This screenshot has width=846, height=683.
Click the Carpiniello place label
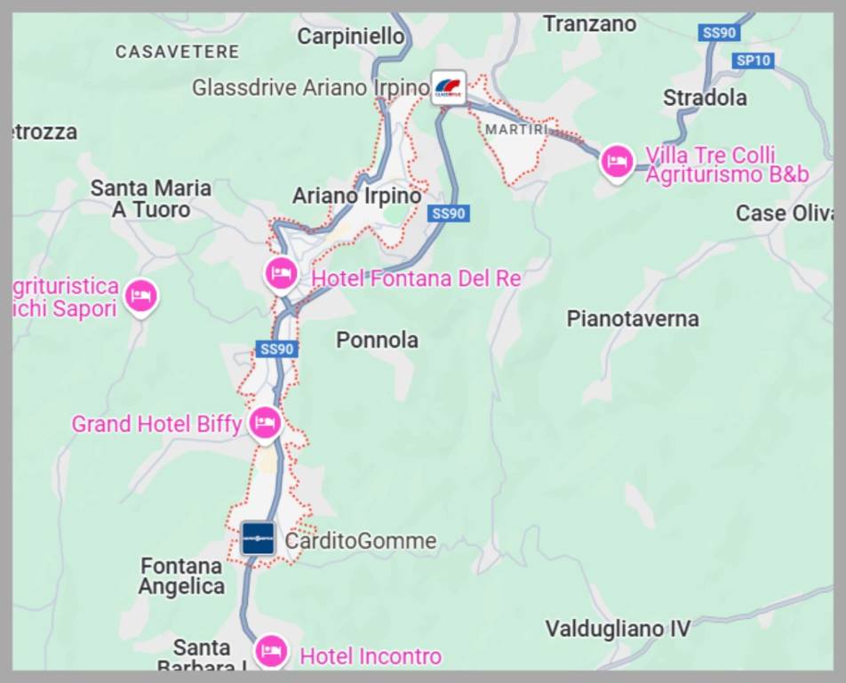[x=350, y=36]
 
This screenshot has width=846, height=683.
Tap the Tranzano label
[x=589, y=24]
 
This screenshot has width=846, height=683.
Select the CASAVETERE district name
[x=177, y=52]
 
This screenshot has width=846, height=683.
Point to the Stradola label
[x=705, y=97]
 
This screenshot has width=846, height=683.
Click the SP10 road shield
[x=754, y=60]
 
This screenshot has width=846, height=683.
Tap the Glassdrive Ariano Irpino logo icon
[x=449, y=88]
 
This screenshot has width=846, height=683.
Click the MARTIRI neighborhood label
[x=516, y=130]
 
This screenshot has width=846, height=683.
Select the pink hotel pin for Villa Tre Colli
[x=617, y=162]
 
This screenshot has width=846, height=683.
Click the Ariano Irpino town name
[x=356, y=195]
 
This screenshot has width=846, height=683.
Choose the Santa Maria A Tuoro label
[x=151, y=198]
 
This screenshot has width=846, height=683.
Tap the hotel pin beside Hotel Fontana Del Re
[x=282, y=272]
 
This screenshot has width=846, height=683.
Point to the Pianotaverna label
[x=633, y=318]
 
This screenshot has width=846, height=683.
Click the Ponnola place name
[x=377, y=340]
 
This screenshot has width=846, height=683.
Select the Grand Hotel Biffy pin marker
[x=265, y=422]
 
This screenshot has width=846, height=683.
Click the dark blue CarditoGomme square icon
[x=258, y=538]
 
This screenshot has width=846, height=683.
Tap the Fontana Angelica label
[x=181, y=575]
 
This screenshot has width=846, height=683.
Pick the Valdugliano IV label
[x=617, y=629]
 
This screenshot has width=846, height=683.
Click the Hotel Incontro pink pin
[x=270, y=652]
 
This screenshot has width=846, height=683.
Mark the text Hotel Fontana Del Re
[x=415, y=278]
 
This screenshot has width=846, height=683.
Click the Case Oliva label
[x=783, y=213]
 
